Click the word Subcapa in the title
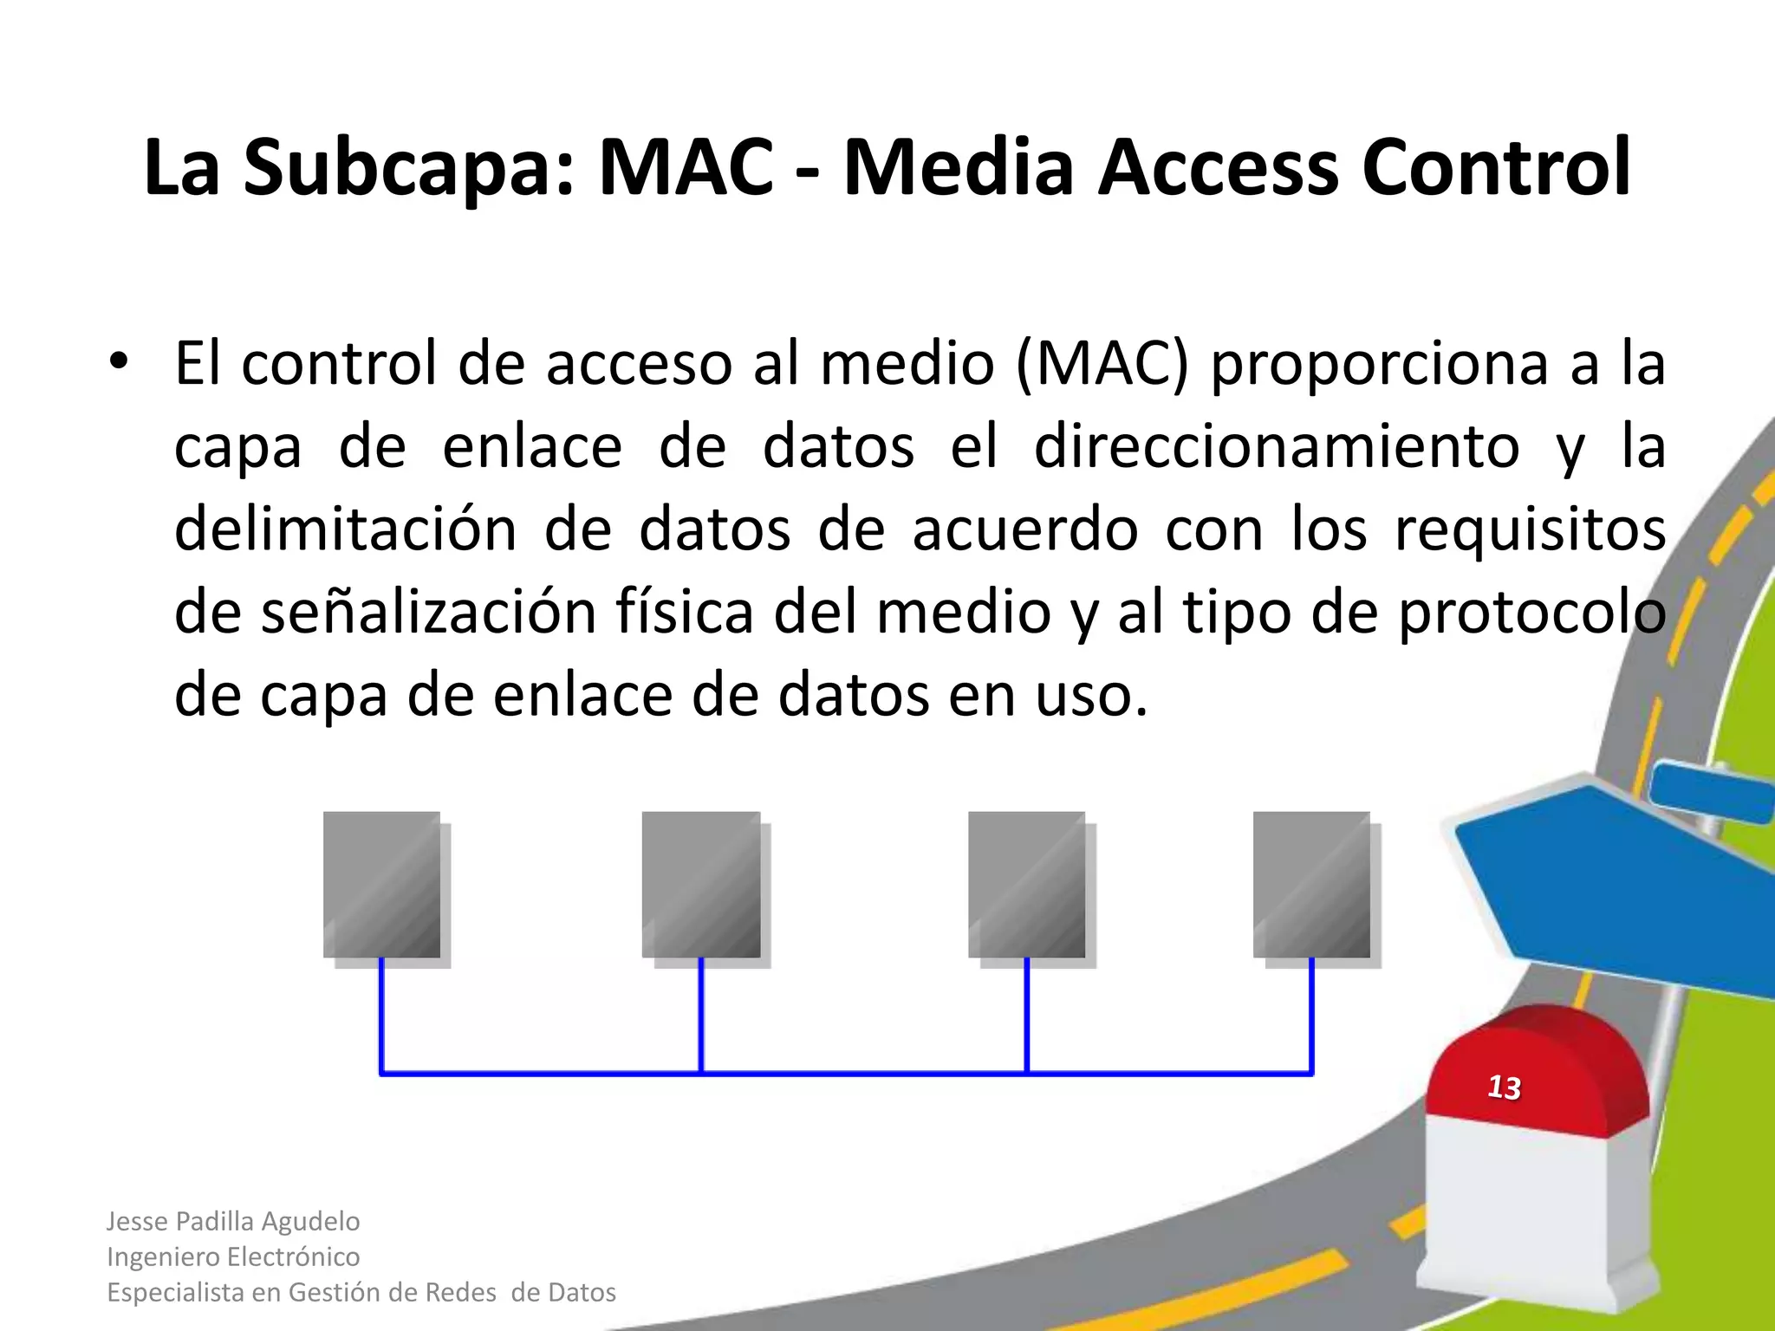coord(408,169)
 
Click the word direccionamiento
coord(1277,447)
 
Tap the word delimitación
coord(345,529)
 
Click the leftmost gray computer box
coord(382,885)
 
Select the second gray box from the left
coord(701,885)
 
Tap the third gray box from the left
coord(1027,885)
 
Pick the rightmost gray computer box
coord(1312,885)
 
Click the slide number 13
coord(1505,1088)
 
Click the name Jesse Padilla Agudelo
coord(233,1221)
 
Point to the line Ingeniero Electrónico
coord(233,1256)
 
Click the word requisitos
coord(1530,529)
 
